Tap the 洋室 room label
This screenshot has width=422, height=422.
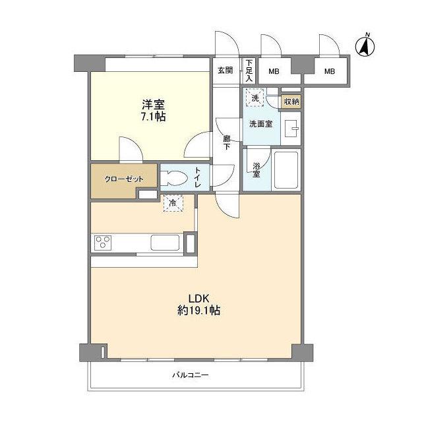(152, 104)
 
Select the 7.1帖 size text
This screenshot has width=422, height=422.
(152, 117)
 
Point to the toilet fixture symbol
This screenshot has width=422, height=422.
(173, 177)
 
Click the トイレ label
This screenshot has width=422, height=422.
(198, 177)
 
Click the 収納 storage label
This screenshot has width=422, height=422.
(290, 102)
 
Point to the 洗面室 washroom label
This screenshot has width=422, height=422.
(260, 124)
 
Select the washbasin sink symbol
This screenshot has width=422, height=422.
(291, 128)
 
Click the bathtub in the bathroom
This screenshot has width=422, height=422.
(286, 169)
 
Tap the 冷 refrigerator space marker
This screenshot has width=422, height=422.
(173, 204)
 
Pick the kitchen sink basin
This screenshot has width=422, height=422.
(165, 242)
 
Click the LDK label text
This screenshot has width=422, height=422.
(198, 297)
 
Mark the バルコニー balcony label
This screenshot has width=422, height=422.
(191, 375)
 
